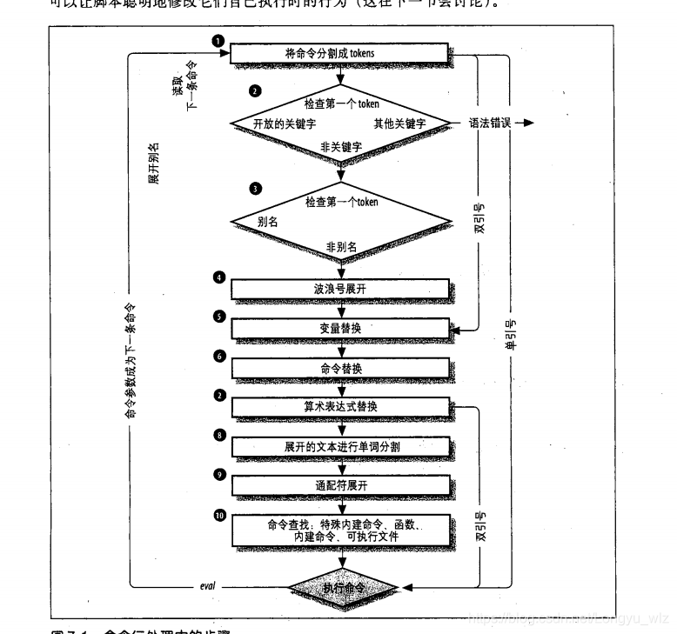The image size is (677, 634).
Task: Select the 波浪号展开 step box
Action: point(340,288)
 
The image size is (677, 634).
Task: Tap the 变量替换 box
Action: point(340,328)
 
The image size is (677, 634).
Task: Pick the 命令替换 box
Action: point(340,368)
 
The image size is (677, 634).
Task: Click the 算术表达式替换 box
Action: point(340,407)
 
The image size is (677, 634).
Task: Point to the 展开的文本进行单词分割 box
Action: point(340,446)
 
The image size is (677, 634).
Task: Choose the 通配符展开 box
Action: point(340,485)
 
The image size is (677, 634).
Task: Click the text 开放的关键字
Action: point(282,123)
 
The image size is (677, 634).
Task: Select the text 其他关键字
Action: point(399,123)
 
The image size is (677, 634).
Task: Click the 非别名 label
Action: point(341,246)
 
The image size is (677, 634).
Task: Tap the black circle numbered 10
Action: point(220,515)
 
